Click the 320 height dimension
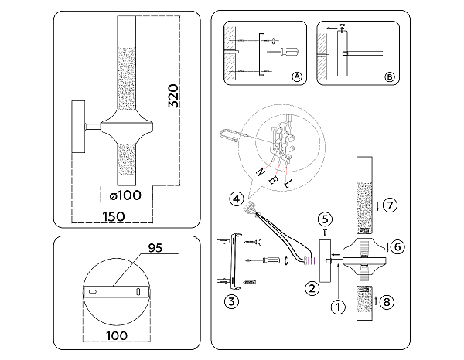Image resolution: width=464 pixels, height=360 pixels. (173, 96)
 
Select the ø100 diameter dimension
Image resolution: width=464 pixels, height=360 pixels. (125, 195)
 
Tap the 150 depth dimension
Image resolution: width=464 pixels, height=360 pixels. (114, 216)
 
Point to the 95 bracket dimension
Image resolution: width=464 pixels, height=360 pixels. (155, 248)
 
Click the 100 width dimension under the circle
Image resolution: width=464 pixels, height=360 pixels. (117, 335)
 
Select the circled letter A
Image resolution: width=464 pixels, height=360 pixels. (297, 76)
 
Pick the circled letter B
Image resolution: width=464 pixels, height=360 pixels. (390, 76)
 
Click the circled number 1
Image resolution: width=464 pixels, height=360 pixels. (338, 307)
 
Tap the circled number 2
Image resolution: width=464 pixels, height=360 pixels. (312, 288)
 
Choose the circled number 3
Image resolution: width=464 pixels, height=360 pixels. (231, 301)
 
